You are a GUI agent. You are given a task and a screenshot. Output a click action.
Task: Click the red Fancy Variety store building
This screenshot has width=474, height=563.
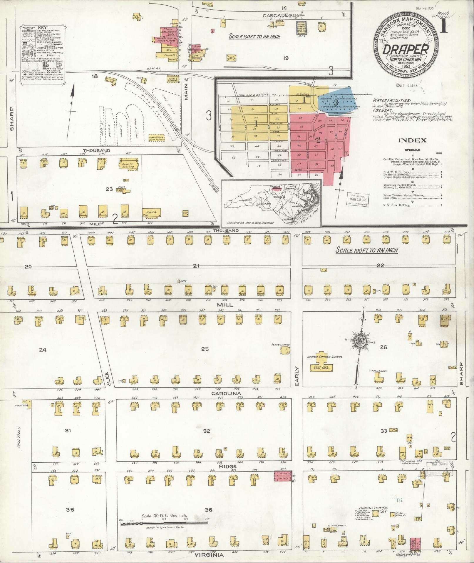click(283, 476)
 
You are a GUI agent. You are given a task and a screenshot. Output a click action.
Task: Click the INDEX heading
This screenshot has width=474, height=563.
click(412, 141)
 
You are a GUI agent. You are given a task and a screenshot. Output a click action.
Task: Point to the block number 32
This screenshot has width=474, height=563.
click(207, 431)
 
